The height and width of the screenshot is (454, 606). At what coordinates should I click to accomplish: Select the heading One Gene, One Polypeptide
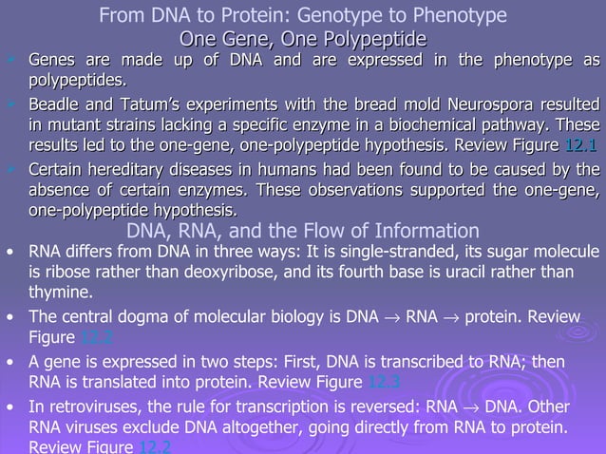click(x=303, y=38)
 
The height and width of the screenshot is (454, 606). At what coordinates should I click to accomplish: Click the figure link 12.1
click(x=580, y=145)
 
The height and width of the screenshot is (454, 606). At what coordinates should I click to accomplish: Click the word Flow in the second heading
click(x=337, y=231)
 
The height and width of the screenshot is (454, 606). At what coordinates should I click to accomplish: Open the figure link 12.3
click(x=384, y=383)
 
